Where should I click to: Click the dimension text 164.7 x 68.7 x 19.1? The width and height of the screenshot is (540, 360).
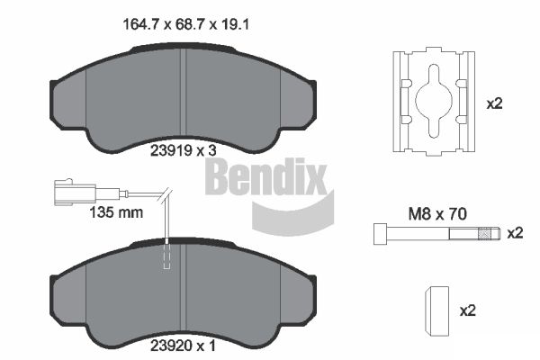tap(186, 24)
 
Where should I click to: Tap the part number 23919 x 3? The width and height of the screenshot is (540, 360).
tap(184, 150)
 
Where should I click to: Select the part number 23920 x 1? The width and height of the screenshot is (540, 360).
tap(184, 346)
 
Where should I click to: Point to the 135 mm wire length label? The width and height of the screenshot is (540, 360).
tap(116, 212)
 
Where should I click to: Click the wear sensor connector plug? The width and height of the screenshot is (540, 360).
tap(75, 193)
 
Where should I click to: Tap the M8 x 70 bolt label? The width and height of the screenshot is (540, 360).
tap(437, 214)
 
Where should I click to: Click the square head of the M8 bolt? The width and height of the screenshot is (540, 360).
tap(381, 234)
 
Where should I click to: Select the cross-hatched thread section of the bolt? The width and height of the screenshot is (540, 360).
tap(485, 234)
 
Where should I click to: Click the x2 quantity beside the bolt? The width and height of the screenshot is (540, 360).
tap(515, 233)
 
